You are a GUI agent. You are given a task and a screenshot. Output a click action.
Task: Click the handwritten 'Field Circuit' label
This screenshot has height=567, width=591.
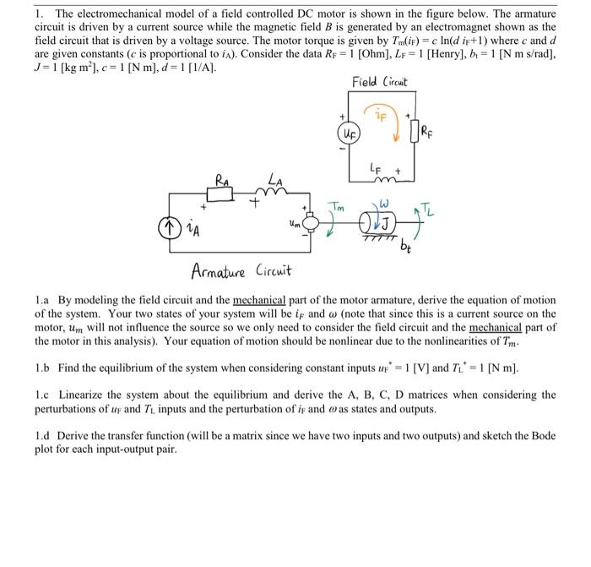382,82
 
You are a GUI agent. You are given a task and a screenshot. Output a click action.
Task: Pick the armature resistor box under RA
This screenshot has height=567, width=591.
222,193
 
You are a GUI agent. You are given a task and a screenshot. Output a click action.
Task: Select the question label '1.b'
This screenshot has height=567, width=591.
43,369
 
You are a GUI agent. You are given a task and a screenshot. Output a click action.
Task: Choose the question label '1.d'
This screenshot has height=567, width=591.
43,436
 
